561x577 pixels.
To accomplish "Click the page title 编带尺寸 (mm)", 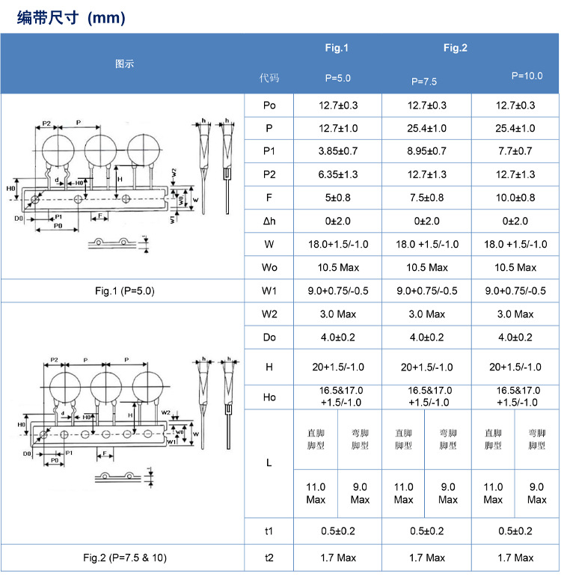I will pos(71,17).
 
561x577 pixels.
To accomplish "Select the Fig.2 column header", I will pos(455,49).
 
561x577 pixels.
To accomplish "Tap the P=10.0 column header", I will pos(527,76).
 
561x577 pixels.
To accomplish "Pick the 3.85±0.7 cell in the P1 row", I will pos(338,151).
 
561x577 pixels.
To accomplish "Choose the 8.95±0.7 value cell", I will pos(426,151).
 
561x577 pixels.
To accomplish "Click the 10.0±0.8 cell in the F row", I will pos(515,198).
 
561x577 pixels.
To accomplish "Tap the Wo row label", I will pos(269,267).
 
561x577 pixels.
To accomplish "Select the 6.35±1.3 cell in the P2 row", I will pos(338,174).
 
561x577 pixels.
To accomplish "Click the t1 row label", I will pos(269,531).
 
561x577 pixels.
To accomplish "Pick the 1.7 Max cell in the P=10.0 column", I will pos(515,558).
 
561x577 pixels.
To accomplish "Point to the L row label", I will pos(269,462).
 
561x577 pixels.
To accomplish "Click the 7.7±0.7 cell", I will pos(515,151).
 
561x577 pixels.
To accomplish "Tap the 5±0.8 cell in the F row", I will pos(338,198).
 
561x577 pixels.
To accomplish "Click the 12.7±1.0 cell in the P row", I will pos(338,128).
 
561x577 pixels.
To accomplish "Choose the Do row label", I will pos(269,338).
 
